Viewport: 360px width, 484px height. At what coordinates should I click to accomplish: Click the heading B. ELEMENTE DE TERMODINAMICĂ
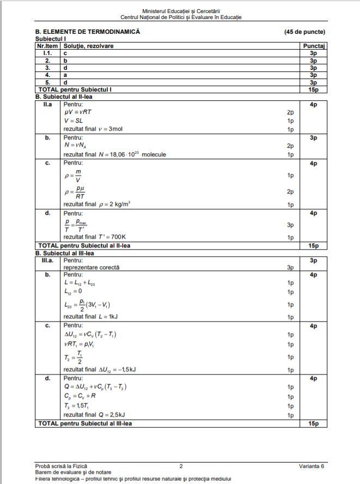(88, 32)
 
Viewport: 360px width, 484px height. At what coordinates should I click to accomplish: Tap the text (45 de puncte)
(304, 32)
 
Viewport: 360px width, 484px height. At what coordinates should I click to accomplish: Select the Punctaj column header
(313, 46)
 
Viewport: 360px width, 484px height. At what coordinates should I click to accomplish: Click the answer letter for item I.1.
(65, 53)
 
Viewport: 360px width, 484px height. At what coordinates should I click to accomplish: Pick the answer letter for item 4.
(65, 75)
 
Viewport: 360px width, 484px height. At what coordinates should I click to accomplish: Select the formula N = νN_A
(76, 146)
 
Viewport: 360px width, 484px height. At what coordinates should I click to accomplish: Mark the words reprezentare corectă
(91, 268)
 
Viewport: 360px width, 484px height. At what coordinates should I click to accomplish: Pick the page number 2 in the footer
(181, 466)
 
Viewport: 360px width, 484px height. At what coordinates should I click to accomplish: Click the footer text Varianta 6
(312, 466)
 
